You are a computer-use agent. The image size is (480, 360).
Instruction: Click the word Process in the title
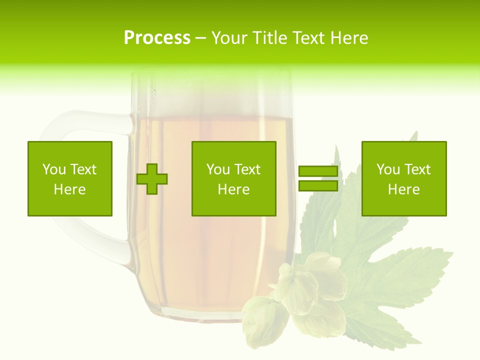tap(157, 37)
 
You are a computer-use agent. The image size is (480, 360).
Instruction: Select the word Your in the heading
tap(228, 37)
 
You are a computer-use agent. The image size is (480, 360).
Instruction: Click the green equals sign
tap(318, 178)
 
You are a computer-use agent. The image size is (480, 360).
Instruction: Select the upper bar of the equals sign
tap(318, 171)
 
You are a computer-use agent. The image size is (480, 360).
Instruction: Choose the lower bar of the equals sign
tap(318, 186)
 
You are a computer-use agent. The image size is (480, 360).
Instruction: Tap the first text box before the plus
tap(70, 178)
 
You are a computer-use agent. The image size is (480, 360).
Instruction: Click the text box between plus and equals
tap(233, 178)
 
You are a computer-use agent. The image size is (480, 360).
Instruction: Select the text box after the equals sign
tap(404, 178)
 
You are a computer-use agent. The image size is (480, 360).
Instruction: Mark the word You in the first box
tap(53, 169)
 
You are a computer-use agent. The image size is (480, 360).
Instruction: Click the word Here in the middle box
tap(233, 189)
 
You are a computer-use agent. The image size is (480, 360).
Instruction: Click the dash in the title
tap(200, 38)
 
